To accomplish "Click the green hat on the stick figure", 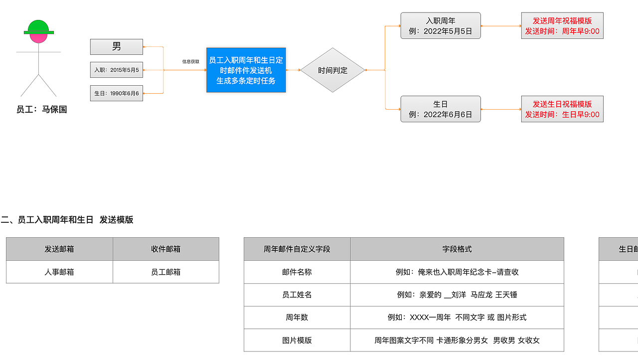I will point(38,26).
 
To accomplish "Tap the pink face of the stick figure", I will point(38,37).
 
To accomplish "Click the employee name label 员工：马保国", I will point(41,110).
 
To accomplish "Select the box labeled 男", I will point(116,47).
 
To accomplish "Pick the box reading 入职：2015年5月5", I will point(116,70).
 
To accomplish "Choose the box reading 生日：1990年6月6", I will point(116,93).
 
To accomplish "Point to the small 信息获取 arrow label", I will point(190,62).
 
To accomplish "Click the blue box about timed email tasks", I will point(246,70).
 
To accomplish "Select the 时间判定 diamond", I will point(332,70).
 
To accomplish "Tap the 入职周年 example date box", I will point(440,26).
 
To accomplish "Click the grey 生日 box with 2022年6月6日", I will point(440,109).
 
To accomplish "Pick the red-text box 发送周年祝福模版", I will point(562,26).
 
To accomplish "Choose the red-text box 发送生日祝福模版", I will point(562,109).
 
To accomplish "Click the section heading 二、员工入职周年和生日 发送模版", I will point(67,220).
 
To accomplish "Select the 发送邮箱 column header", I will point(59,249).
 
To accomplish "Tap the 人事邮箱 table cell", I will point(59,272).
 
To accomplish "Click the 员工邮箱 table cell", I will point(165,272).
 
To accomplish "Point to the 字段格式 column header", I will point(457,249).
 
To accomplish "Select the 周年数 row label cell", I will point(297,318).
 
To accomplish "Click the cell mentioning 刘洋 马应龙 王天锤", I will point(457,295).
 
